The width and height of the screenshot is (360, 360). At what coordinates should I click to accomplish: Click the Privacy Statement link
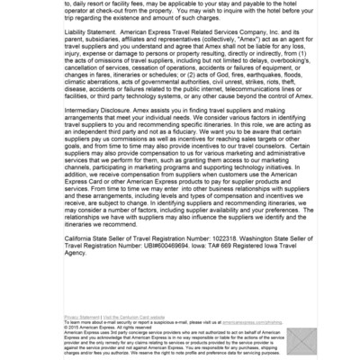82,318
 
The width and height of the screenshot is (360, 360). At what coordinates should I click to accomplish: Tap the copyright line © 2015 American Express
95,328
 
